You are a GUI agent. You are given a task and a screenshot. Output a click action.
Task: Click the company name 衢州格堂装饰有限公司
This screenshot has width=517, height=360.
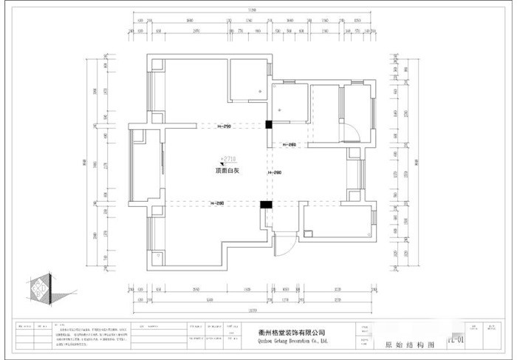[292, 333]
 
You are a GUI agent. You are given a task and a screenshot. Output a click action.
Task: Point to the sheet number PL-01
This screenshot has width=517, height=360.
[455, 340]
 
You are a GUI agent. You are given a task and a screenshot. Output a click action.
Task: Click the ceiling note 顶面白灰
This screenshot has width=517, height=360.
[226, 171]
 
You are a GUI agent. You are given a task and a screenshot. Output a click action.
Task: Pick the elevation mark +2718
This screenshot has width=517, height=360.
[228, 158]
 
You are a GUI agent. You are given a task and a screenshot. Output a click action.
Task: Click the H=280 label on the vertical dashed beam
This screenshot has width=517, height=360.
[275, 172]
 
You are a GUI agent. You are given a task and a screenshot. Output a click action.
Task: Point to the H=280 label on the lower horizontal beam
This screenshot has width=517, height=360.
[217, 203]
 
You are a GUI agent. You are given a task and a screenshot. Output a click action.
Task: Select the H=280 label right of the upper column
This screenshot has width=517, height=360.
[288, 145]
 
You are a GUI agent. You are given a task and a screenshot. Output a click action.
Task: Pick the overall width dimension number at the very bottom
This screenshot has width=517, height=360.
[252, 310]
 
